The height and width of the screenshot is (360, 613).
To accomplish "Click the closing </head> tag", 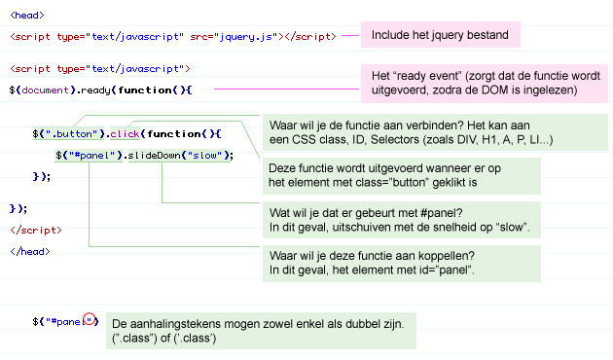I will point(29,251).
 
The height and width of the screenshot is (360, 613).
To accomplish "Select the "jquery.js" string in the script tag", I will point(249,36).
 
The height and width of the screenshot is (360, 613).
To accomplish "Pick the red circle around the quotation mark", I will point(90,320).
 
